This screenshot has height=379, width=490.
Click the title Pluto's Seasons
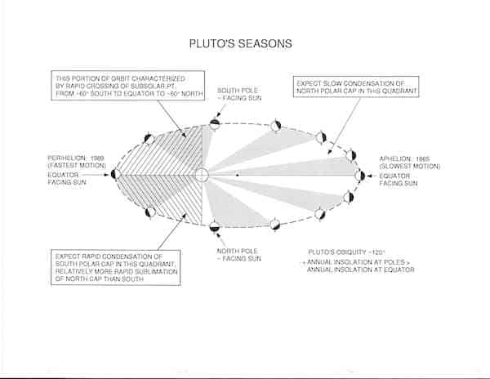point(245,41)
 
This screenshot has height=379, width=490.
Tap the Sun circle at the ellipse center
point(203,175)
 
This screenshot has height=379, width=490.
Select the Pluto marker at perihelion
point(115,173)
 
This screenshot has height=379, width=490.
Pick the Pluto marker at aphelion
point(359,175)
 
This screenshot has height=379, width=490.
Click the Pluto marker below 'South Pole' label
point(214,124)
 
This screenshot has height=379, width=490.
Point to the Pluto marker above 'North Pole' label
point(214,225)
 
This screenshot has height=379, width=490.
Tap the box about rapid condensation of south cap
point(114,267)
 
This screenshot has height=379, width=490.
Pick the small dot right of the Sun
point(237,175)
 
